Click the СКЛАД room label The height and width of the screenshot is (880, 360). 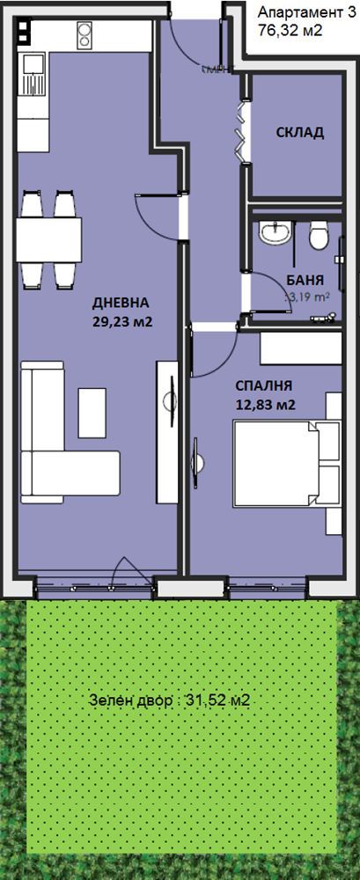298,133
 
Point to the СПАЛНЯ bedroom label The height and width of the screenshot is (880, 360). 263,385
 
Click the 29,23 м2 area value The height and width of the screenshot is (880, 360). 122,322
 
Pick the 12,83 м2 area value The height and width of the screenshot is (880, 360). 264,405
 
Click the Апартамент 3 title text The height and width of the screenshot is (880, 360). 300,12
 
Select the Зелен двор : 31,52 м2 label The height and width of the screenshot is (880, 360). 170,701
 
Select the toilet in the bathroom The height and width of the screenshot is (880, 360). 320,233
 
